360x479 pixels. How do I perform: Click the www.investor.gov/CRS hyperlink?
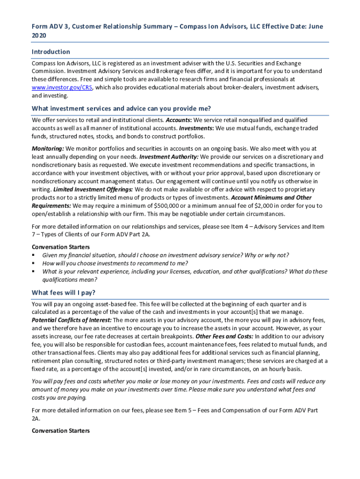(62, 87)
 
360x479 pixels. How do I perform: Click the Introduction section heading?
(51, 52)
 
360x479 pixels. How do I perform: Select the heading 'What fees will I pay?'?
(64, 293)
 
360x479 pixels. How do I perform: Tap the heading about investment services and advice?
(121, 109)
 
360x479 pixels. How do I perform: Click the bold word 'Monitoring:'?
(48, 149)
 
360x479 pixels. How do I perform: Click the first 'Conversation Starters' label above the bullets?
(61, 247)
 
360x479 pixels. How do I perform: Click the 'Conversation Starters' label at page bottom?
(61, 430)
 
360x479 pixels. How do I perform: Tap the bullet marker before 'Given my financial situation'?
(34, 255)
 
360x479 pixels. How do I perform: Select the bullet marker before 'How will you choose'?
(34, 263)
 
